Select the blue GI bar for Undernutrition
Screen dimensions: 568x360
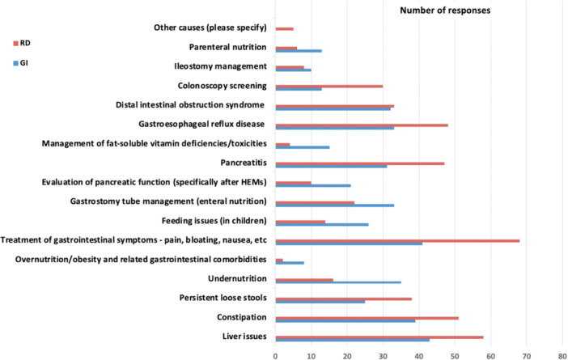coord(338,282)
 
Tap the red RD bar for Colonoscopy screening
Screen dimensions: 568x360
coord(329,87)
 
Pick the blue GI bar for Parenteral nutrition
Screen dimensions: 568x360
coord(299,51)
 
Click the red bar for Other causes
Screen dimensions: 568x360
coord(284,28)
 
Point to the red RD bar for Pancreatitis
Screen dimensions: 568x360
coord(360,163)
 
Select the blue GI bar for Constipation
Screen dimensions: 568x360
coord(345,321)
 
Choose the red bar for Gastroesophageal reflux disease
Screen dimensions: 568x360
coord(362,125)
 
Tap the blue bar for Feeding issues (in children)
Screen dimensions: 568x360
coord(322,225)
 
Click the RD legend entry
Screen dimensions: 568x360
coord(22,43)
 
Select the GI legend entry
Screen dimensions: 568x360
coord(21,63)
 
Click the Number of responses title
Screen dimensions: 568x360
coord(445,11)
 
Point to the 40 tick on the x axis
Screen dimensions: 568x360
coord(419,357)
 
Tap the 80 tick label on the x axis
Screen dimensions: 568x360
coord(562,357)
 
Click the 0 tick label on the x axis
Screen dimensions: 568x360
coord(276,357)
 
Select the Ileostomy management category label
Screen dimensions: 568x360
coord(220,66)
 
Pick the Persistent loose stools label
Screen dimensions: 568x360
coord(223,298)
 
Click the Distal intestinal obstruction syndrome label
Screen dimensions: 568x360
coord(190,105)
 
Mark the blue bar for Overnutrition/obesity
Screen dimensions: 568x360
coord(290,263)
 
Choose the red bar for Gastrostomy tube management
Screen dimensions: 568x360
coord(315,202)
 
